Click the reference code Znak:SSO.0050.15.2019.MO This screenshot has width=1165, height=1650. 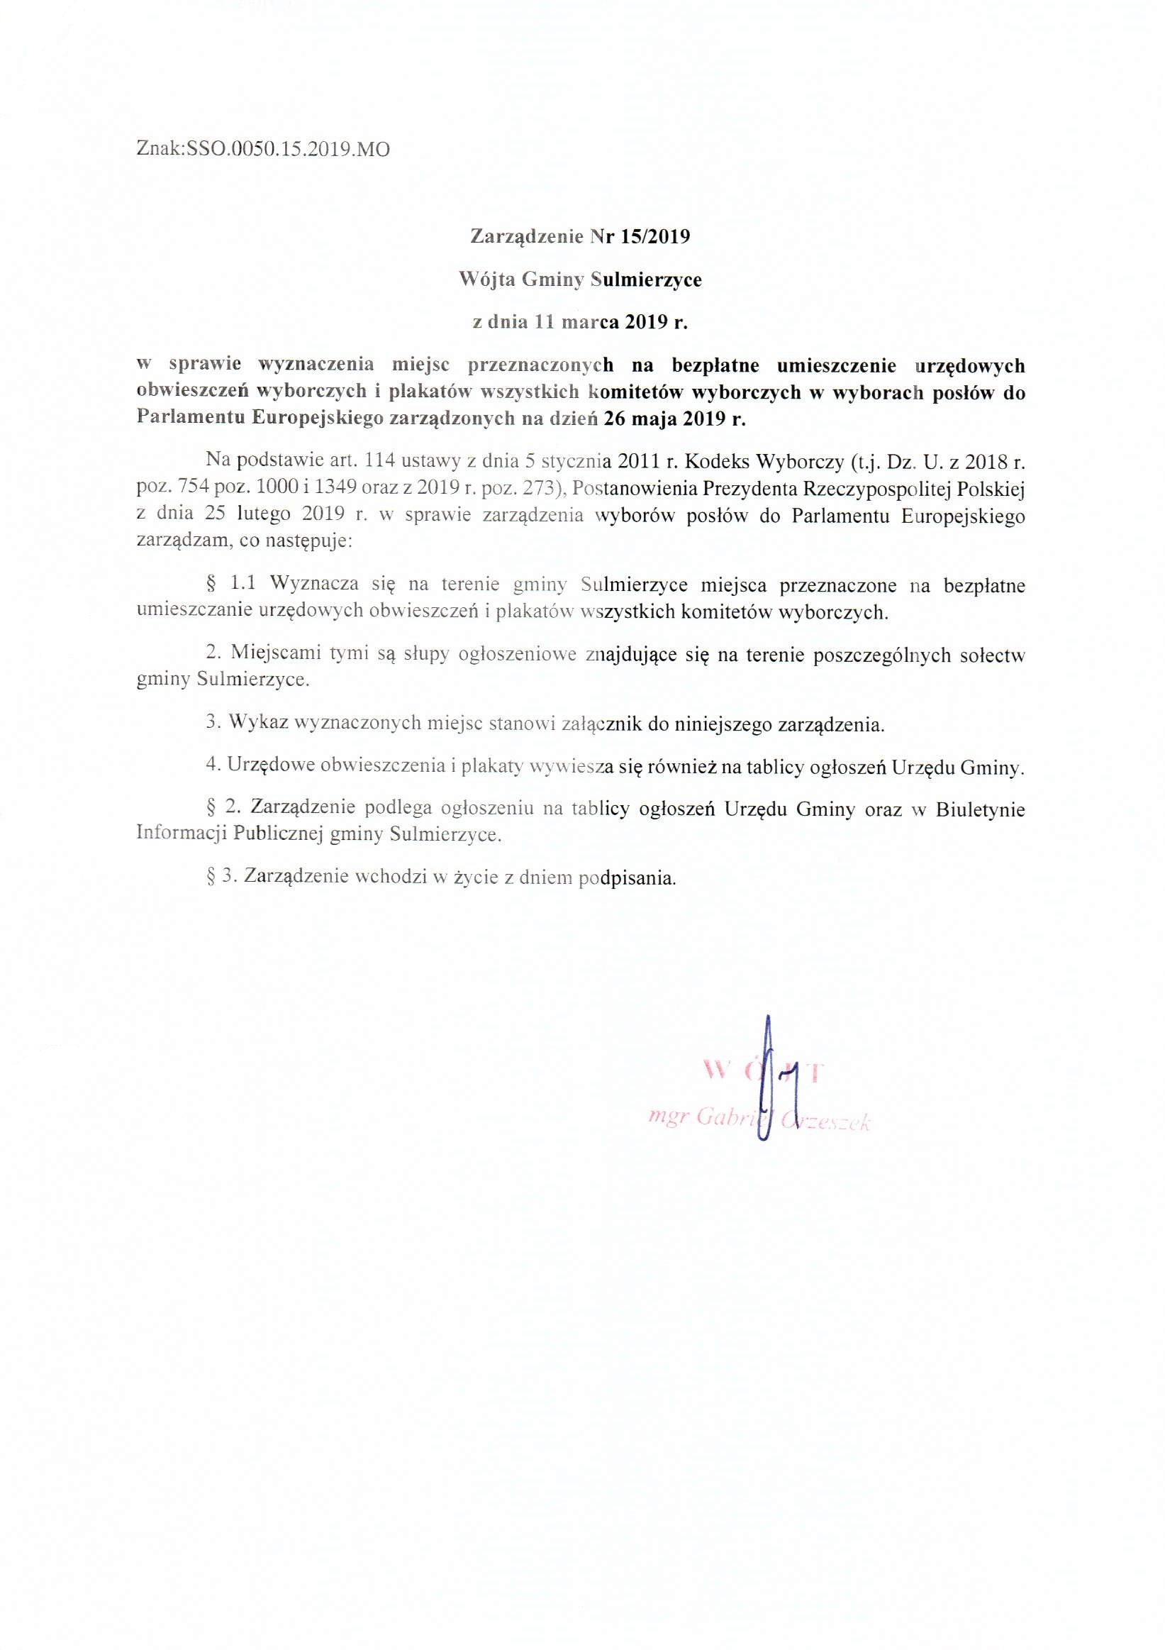tap(263, 150)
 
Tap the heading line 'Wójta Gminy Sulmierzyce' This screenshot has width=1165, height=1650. tap(580, 279)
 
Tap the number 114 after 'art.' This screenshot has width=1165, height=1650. tap(381, 459)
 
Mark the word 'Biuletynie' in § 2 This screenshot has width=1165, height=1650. tap(981, 810)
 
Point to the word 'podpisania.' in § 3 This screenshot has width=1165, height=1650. tap(628, 877)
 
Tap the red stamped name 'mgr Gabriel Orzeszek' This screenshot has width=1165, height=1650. tap(759, 1120)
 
